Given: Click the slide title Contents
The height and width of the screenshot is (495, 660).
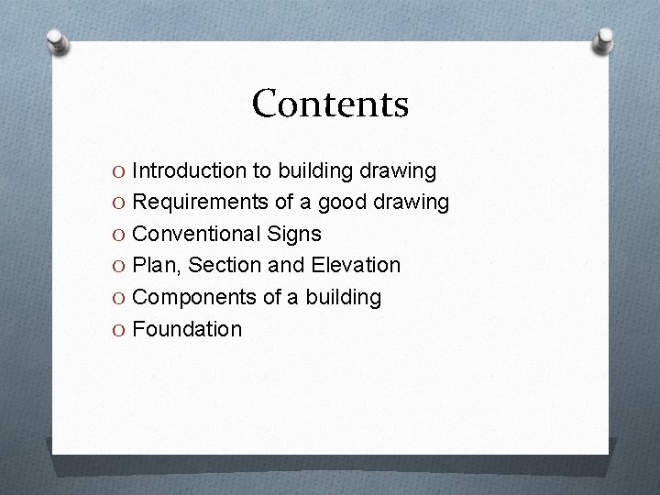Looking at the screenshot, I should [x=330, y=104].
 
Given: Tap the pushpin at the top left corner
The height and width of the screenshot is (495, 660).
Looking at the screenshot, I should [x=57, y=42].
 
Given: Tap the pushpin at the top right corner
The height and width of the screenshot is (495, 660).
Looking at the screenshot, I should [x=604, y=39].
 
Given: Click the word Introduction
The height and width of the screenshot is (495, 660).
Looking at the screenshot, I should [x=190, y=170].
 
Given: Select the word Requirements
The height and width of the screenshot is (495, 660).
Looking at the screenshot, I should [x=202, y=202].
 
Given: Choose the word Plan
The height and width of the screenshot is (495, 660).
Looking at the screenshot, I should [x=154, y=266].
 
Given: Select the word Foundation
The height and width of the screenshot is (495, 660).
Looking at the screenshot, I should [x=187, y=328].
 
